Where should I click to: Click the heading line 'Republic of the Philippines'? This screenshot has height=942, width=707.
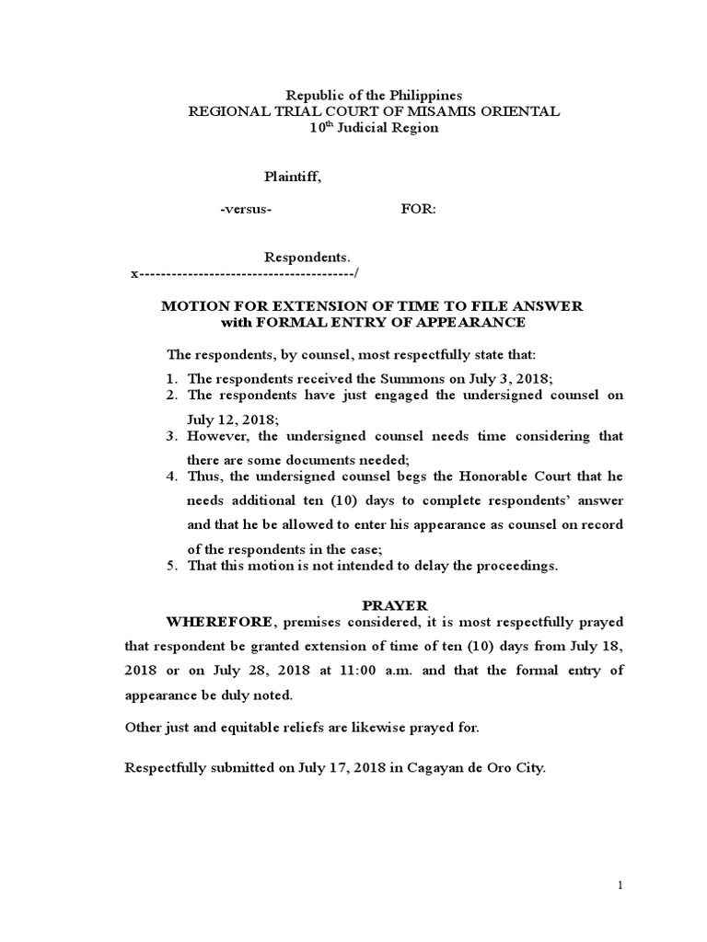click(373, 95)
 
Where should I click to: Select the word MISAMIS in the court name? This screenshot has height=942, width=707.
click(471, 111)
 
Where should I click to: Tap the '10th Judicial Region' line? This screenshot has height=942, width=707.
click(373, 128)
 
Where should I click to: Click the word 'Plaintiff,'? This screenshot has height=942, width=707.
click(294, 178)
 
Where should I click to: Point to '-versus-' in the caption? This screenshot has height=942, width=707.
click(246, 209)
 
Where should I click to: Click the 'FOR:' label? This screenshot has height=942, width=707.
click(419, 209)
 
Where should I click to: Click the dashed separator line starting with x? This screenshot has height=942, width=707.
click(245, 274)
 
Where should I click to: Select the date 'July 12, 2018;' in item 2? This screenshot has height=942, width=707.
click(226, 419)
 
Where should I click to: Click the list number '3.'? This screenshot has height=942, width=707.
click(172, 435)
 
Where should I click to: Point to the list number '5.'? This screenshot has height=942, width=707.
click(172, 566)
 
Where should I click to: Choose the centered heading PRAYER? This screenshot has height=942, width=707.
click(394, 605)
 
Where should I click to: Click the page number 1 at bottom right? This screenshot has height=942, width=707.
click(621, 885)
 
